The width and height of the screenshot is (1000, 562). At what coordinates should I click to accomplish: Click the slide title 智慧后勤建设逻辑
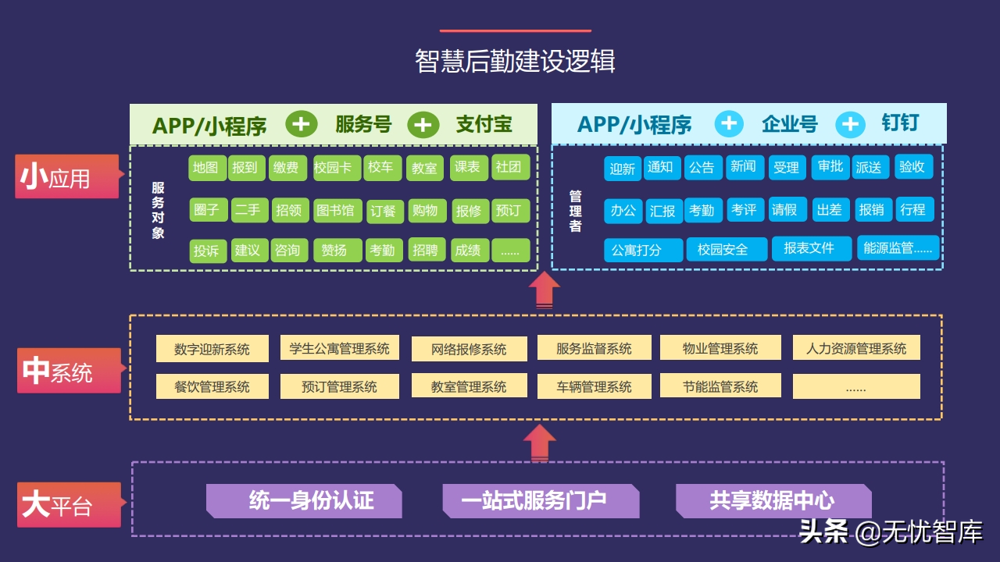pyautogui.click(x=515, y=62)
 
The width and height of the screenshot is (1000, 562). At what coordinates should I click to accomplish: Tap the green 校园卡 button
pyautogui.click(x=337, y=168)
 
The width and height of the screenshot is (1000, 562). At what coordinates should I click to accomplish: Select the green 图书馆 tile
pyautogui.click(x=335, y=211)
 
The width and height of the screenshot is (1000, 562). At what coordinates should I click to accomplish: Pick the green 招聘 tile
pyautogui.click(x=426, y=250)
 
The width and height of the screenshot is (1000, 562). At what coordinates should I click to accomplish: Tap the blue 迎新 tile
pyautogui.click(x=623, y=169)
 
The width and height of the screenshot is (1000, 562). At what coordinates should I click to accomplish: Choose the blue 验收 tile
pyautogui.click(x=912, y=167)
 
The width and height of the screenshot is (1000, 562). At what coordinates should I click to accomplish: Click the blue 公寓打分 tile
pyautogui.click(x=643, y=251)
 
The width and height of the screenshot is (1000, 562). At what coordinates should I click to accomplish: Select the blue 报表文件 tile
pyautogui.click(x=809, y=248)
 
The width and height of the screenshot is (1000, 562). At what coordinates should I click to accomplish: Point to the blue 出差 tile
pyautogui.click(x=828, y=209)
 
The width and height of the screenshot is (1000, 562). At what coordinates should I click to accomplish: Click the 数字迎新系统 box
pyautogui.click(x=212, y=349)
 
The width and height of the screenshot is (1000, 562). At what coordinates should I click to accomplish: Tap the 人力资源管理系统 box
pyautogui.click(x=856, y=348)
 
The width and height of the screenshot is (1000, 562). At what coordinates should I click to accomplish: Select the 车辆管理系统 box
pyautogui.click(x=594, y=386)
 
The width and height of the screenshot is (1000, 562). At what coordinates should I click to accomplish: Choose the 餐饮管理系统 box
pyautogui.click(x=212, y=386)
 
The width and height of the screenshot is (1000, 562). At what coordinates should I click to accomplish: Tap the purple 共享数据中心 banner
pyautogui.click(x=773, y=501)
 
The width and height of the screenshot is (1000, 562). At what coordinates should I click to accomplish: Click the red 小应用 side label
pyautogui.click(x=66, y=177)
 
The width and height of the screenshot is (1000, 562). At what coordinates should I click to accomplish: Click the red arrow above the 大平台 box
pyautogui.click(x=538, y=443)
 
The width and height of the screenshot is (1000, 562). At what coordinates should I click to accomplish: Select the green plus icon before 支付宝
pyautogui.click(x=423, y=125)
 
